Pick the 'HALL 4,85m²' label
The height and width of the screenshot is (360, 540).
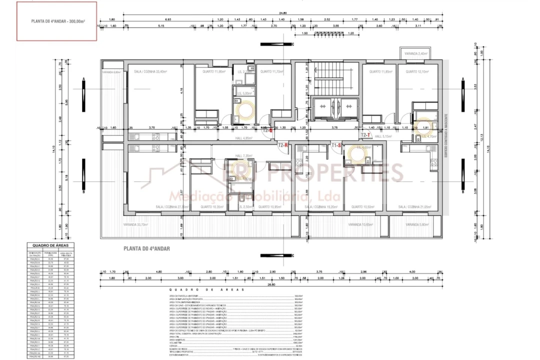243,138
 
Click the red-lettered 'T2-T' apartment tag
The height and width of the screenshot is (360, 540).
365,135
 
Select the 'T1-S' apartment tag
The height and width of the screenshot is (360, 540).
336,145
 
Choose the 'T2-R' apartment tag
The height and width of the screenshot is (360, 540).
283,145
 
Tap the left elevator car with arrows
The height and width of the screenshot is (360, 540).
322,106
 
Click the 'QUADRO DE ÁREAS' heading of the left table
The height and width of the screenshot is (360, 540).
50,245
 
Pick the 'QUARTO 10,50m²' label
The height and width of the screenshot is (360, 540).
362,206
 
